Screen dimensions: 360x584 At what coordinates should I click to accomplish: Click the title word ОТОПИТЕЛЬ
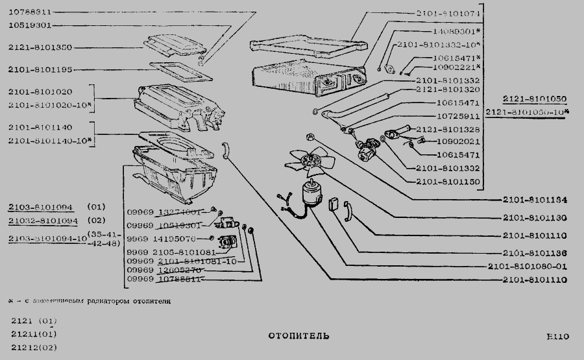pyautogui.click(x=298, y=336)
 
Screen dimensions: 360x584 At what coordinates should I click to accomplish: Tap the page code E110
pyautogui.click(x=557, y=336)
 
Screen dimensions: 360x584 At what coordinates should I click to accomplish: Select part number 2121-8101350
pyautogui.click(x=40, y=47)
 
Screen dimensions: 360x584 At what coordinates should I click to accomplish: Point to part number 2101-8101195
pyautogui.click(x=40, y=69)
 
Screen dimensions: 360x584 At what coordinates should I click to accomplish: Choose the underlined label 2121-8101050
pyautogui.click(x=535, y=99)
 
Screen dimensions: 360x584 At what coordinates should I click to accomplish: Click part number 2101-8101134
pyautogui.click(x=535, y=200)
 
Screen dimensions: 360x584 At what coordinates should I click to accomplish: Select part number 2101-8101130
pyautogui.click(x=535, y=217)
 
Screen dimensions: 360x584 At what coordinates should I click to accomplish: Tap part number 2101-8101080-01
pyautogui.click(x=527, y=266)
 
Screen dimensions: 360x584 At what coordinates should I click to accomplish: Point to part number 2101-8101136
pyautogui.click(x=535, y=253)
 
